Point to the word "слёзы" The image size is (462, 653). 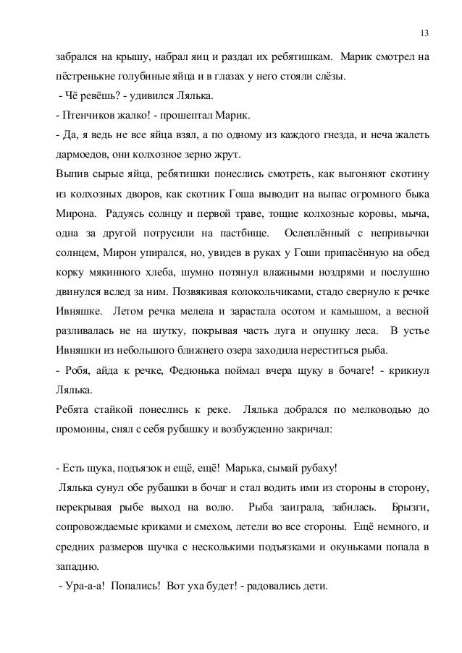click(329, 75)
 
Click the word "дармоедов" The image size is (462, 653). click(78, 155)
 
